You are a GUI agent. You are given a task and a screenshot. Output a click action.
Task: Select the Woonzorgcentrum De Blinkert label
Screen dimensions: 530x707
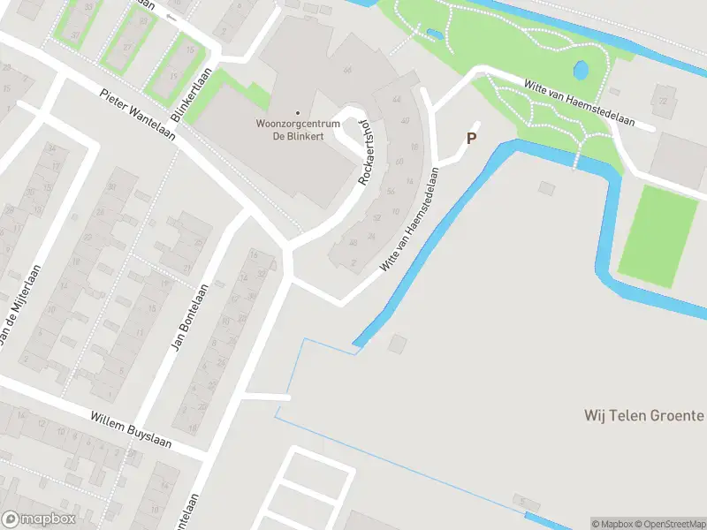coord(297,129)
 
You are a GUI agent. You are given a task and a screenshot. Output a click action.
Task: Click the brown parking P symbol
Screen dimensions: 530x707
coord(471,138)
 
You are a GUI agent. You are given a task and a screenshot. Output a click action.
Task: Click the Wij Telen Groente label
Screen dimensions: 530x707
coord(643,414)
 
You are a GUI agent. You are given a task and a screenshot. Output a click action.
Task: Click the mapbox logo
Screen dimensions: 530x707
coord(38,519)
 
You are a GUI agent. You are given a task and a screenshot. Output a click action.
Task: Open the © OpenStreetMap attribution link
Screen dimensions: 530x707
coord(670,524)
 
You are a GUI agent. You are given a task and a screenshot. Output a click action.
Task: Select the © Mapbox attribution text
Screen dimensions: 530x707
coord(612,524)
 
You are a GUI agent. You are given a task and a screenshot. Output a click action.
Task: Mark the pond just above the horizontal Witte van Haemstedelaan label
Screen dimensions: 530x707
coord(581,70)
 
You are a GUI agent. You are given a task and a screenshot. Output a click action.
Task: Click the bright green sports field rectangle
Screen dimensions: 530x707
coord(658,235)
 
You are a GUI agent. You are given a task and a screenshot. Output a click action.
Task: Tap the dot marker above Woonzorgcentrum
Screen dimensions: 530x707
coord(297,112)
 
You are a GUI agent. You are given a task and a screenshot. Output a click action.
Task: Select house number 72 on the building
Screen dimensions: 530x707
coord(662,100)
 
